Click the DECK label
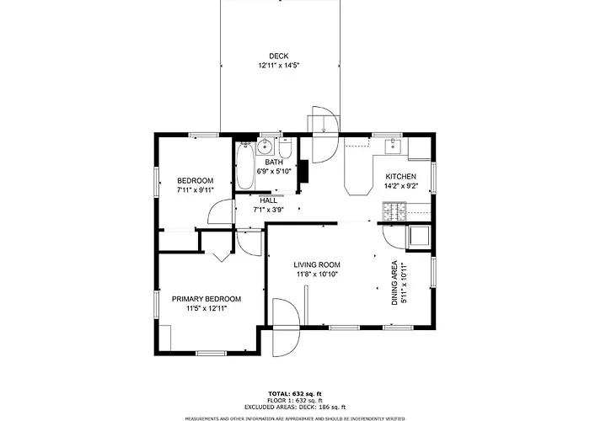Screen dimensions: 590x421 tap(278, 56)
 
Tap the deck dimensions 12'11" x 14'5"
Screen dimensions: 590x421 tap(278, 66)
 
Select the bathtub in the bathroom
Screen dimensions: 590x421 tap(245, 166)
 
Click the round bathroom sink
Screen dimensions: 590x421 tap(265, 147)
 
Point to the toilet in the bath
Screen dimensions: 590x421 tap(286, 147)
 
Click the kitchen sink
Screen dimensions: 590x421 tap(394, 146)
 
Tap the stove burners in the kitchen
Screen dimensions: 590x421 tap(394, 211)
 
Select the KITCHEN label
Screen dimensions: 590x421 tap(400, 176)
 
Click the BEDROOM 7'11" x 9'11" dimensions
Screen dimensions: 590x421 tap(196, 189)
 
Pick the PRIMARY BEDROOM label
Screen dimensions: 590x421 tap(206, 299)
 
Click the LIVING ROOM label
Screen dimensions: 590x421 tap(317, 264)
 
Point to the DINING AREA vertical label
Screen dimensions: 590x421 tap(394, 283)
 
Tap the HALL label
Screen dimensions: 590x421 tap(268, 200)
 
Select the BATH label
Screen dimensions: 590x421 tap(274, 162)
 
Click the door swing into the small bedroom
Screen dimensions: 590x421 tap(220, 211)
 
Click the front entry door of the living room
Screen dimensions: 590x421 tap(286, 328)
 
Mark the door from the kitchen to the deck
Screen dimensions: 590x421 tap(324, 135)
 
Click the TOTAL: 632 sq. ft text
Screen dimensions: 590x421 tap(295, 393)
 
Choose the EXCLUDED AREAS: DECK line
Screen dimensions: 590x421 tap(295, 407)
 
